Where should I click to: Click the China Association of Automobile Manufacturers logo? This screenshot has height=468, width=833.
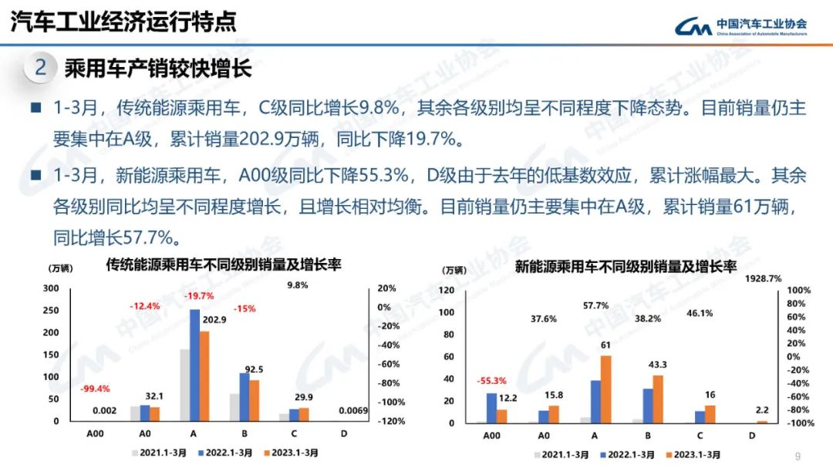(740, 27)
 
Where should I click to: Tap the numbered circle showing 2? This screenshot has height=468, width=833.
(41, 68)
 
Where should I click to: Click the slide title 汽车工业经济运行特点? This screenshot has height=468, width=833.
(123, 22)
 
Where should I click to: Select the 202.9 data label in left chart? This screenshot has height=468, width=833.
(214, 320)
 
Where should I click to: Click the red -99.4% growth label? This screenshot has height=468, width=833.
(95, 389)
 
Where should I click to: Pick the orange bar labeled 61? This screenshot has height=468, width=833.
(606, 389)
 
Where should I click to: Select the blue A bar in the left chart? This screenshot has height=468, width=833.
(194, 365)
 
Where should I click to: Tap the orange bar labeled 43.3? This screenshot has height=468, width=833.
(658, 399)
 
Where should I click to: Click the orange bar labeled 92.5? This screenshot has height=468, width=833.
(255, 401)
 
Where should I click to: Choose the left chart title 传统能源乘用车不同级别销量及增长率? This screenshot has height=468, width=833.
(224, 265)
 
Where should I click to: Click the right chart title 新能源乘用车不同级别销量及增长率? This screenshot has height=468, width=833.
(626, 267)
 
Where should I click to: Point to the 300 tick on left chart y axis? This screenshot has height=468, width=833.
(51, 288)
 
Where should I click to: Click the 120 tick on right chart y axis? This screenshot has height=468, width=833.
(447, 290)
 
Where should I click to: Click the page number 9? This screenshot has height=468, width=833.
(798, 454)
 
